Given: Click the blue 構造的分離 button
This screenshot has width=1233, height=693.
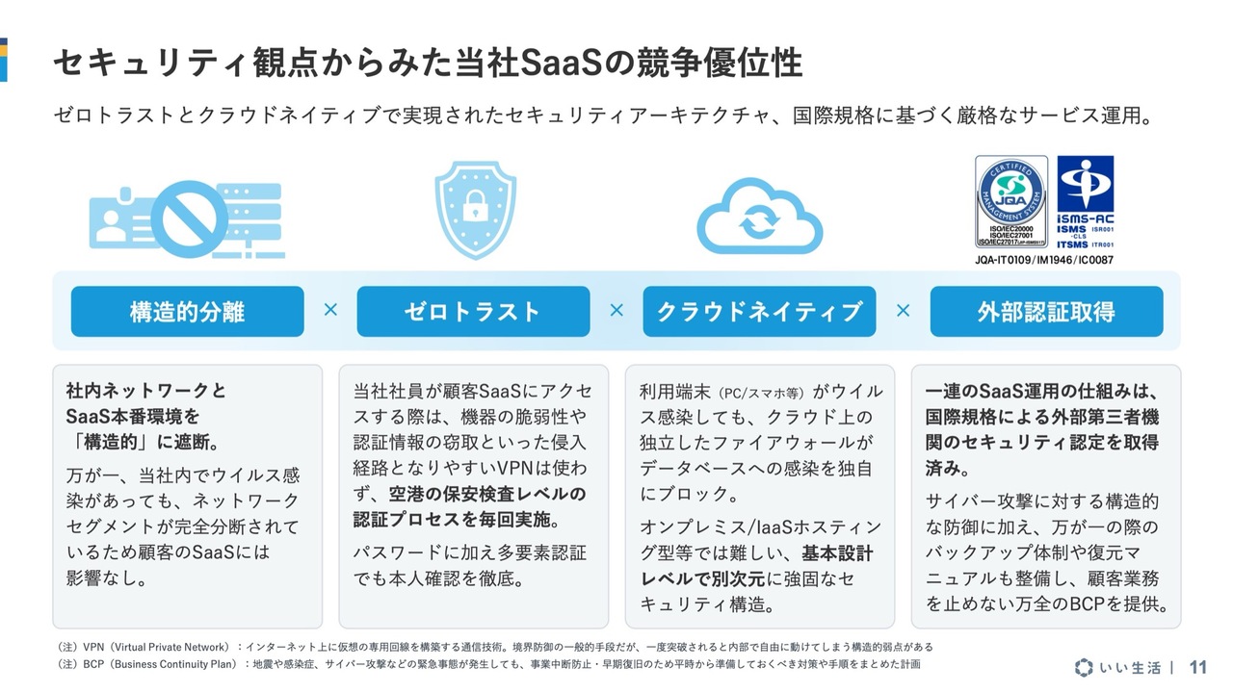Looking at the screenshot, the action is pyautogui.click(x=187, y=311).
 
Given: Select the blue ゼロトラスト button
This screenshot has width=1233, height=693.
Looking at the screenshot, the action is pyautogui.click(x=473, y=311).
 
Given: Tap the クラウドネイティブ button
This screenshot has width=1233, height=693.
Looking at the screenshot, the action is pyautogui.click(x=760, y=311).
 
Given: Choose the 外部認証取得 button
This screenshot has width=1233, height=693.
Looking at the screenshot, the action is pyautogui.click(x=1046, y=311).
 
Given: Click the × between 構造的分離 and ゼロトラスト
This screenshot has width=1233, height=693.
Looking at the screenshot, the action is pyautogui.click(x=330, y=310).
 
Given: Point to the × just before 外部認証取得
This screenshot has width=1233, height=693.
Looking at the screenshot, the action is pyautogui.click(x=904, y=311).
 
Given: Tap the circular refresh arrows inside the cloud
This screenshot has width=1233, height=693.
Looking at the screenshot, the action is pyautogui.click(x=759, y=221).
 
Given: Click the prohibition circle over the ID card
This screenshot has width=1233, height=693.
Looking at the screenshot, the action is pyautogui.click(x=190, y=218).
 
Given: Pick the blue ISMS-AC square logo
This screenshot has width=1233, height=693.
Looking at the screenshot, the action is pyautogui.click(x=1086, y=202).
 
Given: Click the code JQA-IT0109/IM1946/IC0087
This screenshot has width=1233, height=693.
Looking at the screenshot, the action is pyautogui.click(x=1044, y=260).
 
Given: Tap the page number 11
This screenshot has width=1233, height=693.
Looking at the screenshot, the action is pyautogui.click(x=1197, y=668).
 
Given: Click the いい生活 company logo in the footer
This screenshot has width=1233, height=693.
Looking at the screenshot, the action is pyautogui.click(x=1117, y=668).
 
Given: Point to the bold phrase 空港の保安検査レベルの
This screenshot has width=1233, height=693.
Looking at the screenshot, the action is pyautogui.click(x=487, y=494).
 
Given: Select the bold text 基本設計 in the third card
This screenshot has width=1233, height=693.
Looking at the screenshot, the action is pyautogui.click(x=837, y=553).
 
